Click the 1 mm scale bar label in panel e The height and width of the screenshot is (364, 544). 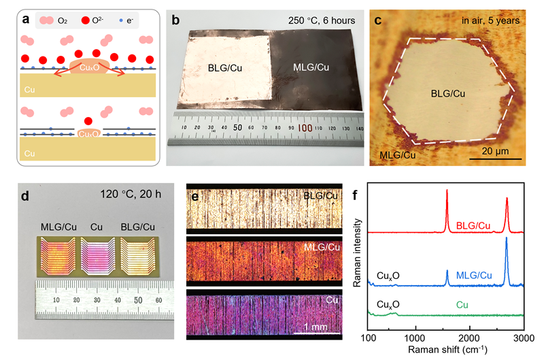[315, 327]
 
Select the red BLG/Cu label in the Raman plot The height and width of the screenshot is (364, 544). [477, 224]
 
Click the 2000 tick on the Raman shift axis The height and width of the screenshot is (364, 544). [468, 337]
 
